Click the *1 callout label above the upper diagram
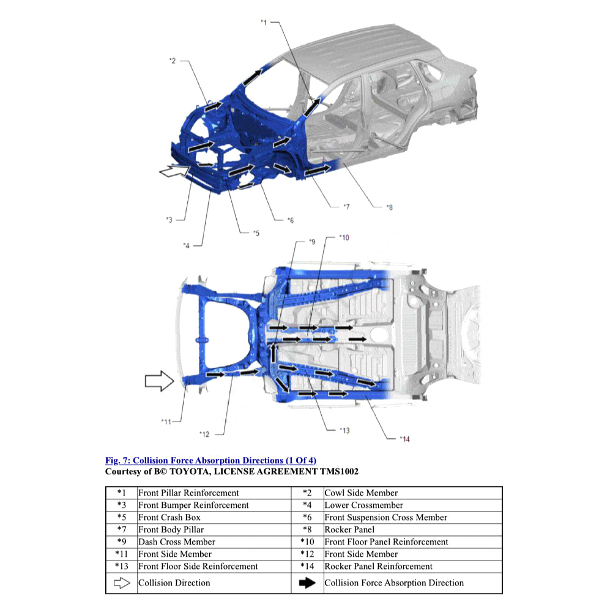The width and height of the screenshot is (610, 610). pyautogui.click(x=264, y=23)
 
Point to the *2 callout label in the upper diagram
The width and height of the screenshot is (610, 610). pyautogui.click(x=173, y=61)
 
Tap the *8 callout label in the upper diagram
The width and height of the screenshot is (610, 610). pyautogui.click(x=389, y=207)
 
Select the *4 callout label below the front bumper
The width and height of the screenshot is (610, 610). pyautogui.click(x=186, y=245)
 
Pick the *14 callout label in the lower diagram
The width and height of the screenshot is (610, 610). pyautogui.click(x=404, y=438)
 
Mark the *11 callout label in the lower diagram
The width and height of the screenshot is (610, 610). pyautogui.click(x=166, y=421)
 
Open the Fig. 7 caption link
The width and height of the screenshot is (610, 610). pyautogui.click(x=210, y=460)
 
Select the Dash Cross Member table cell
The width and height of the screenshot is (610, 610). pyautogui.click(x=177, y=541)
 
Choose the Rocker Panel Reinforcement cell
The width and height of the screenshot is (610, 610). pyautogui.click(x=378, y=566)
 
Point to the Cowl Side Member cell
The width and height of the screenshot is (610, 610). pyautogui.click(x=361, y=493)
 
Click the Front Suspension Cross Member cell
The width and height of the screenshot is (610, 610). pyautogui.click(x=385, y=517)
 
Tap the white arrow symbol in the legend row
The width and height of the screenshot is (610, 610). pyautogui.click(x=122, y=583)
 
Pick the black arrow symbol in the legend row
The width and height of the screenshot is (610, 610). pyautogui.click(x=307, y=583)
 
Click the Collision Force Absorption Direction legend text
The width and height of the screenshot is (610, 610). pyautogui.click(x=394, y=583)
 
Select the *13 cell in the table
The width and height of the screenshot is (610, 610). pyautogui.click(x=121, y=566)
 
